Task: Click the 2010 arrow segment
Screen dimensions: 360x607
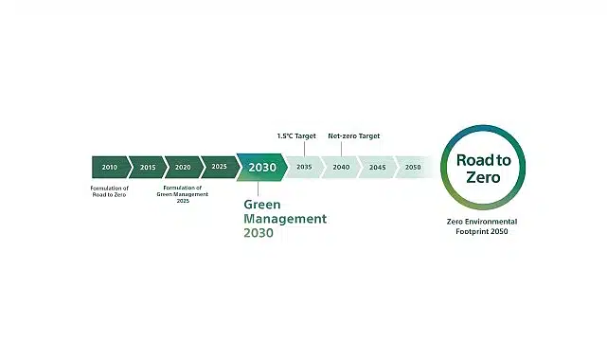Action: [x=109, y=167]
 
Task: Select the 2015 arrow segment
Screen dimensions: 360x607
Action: [x=147, y=167]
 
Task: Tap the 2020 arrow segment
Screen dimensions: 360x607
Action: [x=183, y=167]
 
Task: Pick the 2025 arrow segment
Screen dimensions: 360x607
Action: [x=219, y=167]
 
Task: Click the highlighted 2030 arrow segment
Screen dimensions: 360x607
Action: [x=261, y=167]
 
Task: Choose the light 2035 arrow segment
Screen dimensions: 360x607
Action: [x=304, y=167]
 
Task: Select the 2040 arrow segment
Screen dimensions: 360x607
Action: [x=341, y=167]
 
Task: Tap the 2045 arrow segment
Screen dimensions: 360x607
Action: [x=377, y=167]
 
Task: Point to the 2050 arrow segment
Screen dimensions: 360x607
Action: [x=413, y=167]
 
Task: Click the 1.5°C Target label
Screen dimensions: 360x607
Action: [x=295, y=136]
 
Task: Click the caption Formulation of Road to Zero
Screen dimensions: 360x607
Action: [x=110, y=191]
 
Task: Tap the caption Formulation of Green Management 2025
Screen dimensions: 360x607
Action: [x=182, y=194]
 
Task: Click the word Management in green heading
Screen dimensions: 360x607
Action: [x=285, y=219]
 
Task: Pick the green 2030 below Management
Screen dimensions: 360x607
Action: [x=259, y=233]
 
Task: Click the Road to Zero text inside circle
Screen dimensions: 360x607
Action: [x=483, y=169]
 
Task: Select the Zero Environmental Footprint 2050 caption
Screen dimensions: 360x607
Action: [x=483, y=226]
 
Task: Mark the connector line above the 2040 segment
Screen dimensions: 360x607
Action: [x=341, y=149]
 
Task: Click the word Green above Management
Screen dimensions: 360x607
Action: [x=262, y=204]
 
